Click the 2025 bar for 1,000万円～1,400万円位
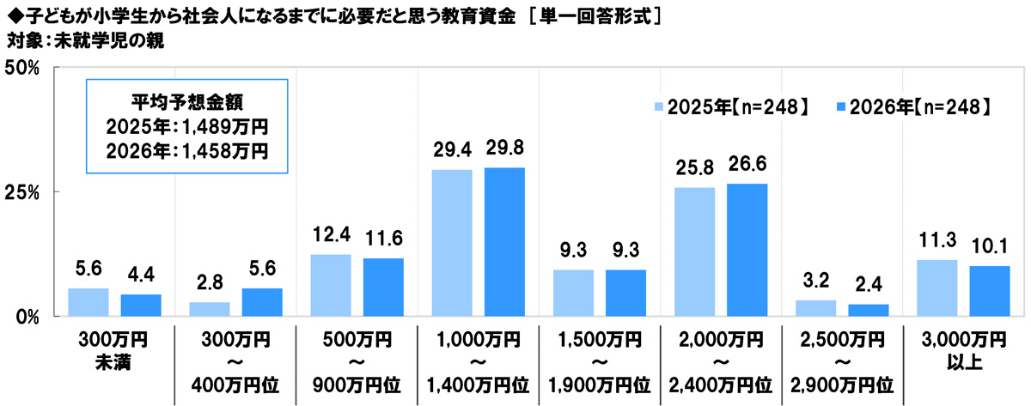[452, 243]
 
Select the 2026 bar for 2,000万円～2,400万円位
[747, 250]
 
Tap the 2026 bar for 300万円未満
[141, 305]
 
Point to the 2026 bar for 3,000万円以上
[990, 291]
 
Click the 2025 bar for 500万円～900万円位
[331, 285]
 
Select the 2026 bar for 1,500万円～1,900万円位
[625, 293]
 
